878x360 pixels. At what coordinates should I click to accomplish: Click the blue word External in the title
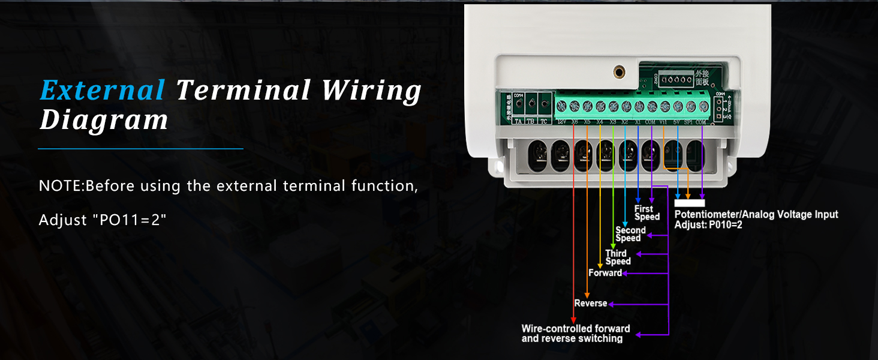point(102,91)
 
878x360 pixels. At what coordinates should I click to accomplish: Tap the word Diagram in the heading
point(104,120)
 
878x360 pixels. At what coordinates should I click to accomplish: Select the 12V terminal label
point(561,122)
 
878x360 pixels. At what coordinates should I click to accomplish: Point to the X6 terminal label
point(575,122)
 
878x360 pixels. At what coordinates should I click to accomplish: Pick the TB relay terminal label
point(530,121)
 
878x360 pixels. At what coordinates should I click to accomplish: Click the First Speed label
point(647,213)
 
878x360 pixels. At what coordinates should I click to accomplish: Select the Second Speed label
point(630,234)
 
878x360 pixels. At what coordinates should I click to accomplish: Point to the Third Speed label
point(617,257)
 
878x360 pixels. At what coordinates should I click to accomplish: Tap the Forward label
point(605,273)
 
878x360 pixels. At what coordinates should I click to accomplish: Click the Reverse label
point(590,304)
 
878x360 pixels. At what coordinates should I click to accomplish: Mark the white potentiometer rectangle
point(690,203)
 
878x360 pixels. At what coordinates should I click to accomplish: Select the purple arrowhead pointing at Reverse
point(612,304)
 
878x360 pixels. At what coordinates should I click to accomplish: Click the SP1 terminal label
point(689,122)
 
